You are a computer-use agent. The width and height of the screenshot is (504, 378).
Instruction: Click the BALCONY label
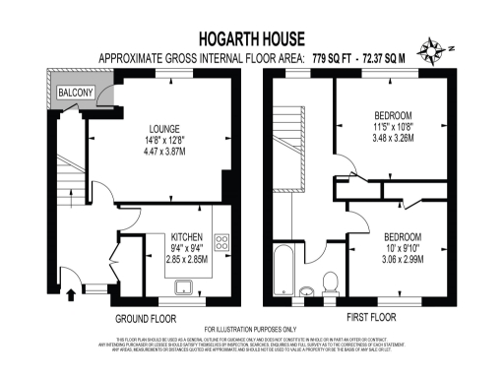(x=75, y=93)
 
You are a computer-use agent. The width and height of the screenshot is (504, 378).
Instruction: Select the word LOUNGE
(x=163, y=128)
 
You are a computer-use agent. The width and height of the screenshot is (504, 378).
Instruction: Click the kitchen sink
(x=184, y=286)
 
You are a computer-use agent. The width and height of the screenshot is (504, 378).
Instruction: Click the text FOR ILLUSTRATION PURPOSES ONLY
(x=250, y=329)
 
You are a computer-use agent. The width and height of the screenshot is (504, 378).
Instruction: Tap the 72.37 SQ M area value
(x=391, y=59)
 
